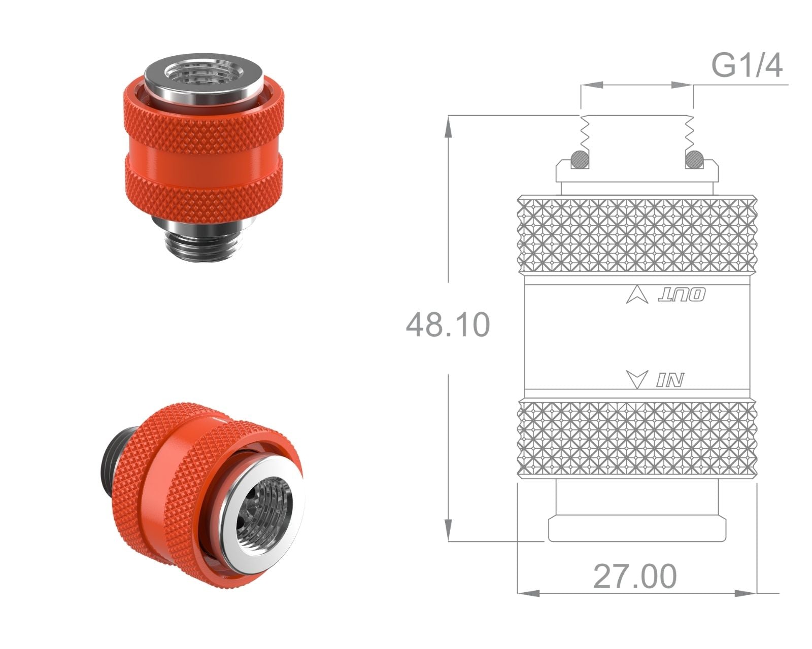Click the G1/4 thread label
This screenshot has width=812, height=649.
coord(747,65)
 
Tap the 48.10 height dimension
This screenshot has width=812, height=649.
coord(448,324)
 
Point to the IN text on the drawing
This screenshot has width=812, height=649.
coord(670,379)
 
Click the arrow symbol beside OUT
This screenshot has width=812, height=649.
coord(637,295)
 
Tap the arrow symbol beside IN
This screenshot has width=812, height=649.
coord(637,379)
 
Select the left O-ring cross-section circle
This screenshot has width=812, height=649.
coord(581,159)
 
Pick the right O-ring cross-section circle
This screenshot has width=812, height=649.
coord(694,159)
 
